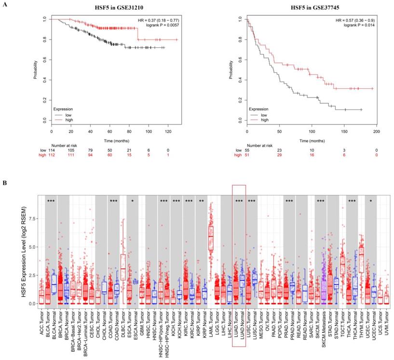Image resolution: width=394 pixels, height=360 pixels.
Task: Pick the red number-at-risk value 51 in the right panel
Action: (247, 154)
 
